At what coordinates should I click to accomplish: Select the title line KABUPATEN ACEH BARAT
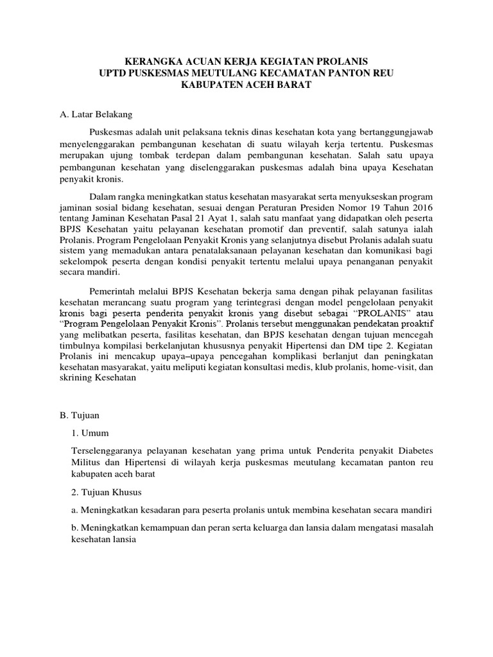(x=246, y=85)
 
